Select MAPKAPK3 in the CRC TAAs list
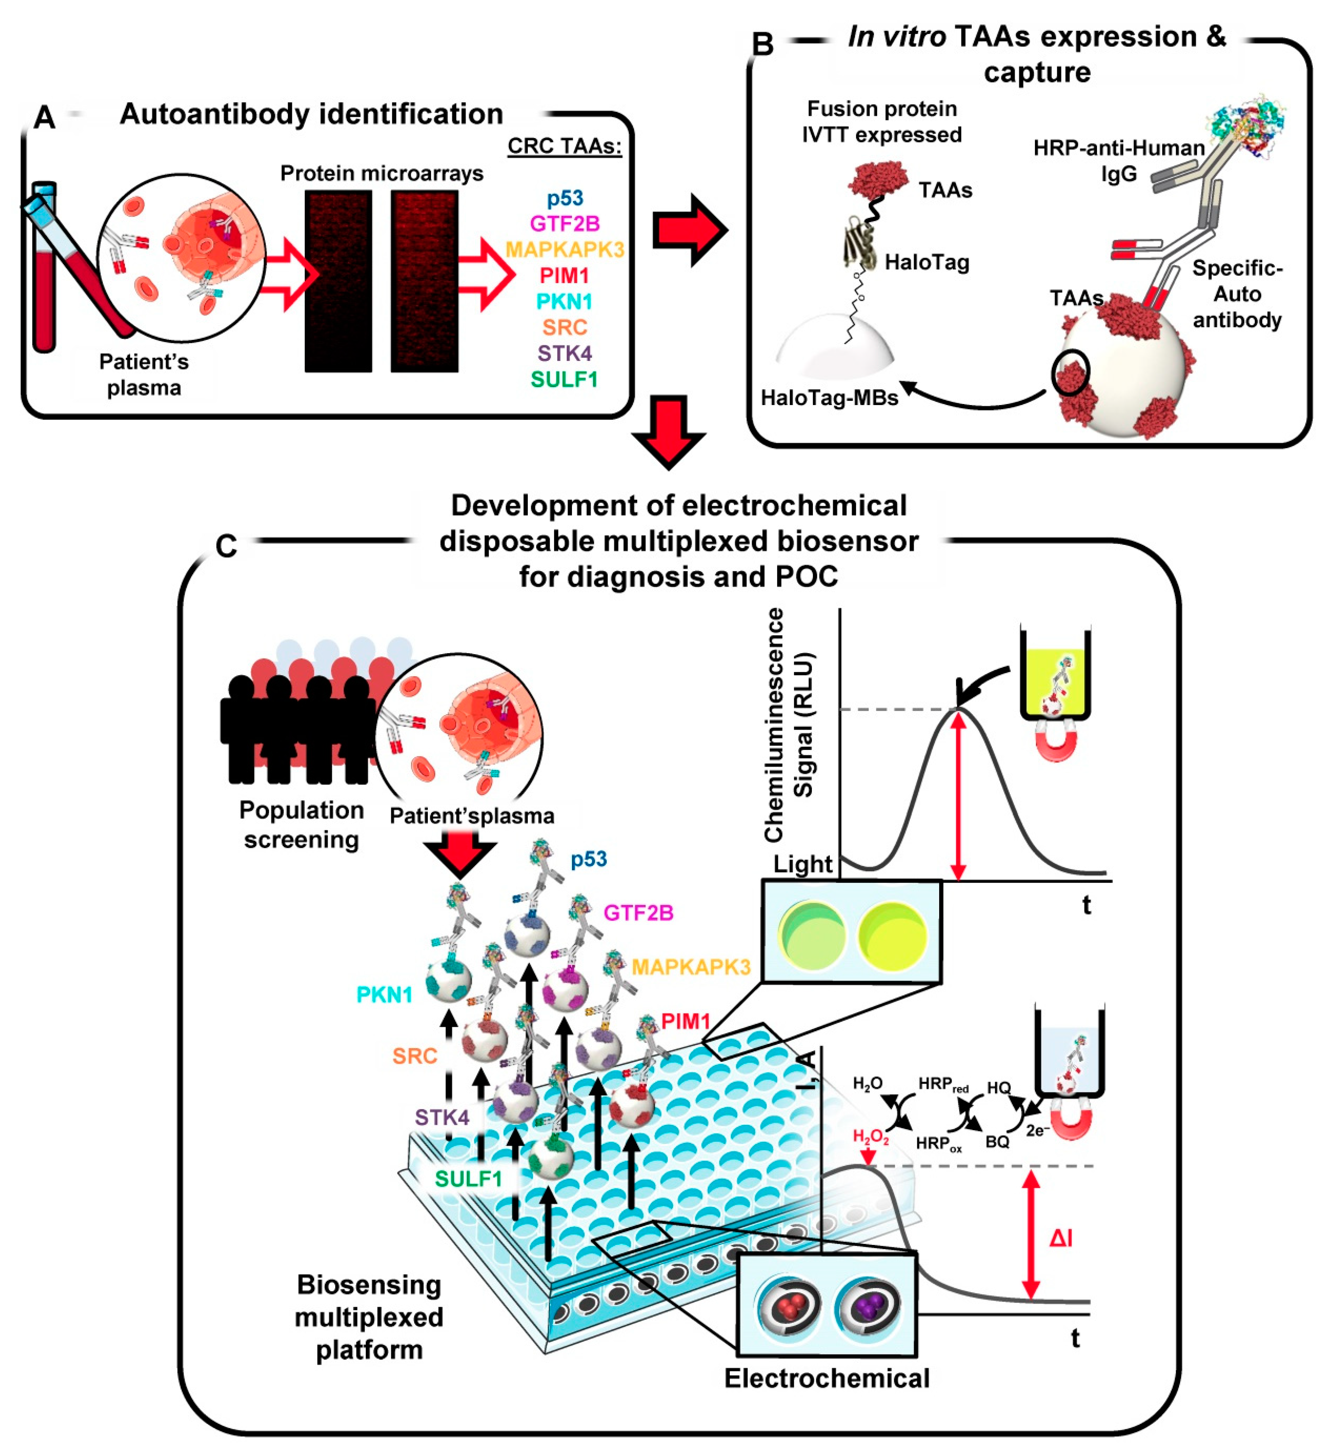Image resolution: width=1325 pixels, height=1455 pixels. point(565,250)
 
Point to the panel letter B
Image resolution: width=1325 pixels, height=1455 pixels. point(763,45)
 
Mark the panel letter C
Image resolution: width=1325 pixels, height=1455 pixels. point(226,546)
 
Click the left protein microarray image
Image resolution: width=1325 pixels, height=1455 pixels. point(338,281)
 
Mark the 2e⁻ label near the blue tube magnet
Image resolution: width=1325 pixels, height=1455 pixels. point(1037,1130)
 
